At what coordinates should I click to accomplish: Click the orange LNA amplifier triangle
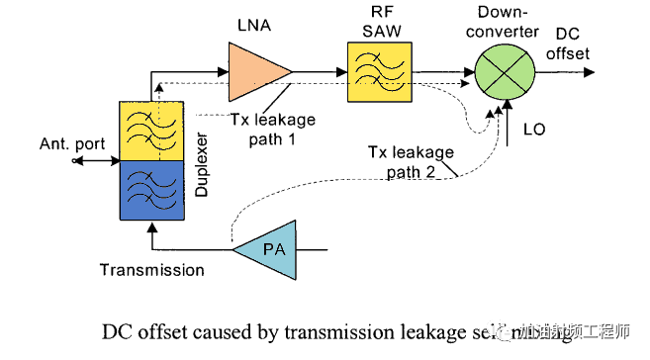(x=255, y=72)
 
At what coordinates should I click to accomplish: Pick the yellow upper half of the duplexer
(x=150, y=131)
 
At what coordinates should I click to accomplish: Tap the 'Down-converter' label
(x=508, y=22)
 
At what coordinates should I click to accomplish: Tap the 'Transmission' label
(x=151, y=269)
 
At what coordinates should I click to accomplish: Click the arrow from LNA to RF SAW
(x=320, y=71)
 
